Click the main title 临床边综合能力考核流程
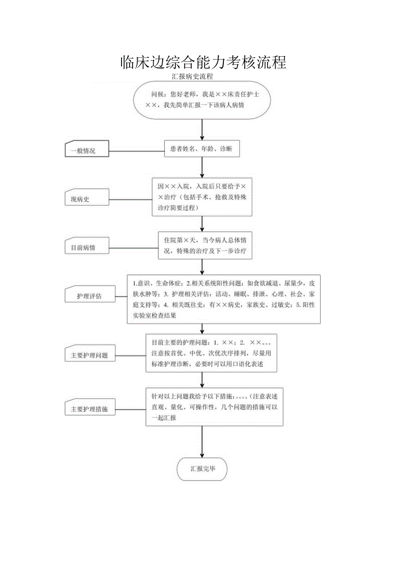203,62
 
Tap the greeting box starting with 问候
202,100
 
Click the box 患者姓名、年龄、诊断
202,149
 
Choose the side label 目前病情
87,247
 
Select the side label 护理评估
89,296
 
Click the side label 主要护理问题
89,355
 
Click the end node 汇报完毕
202,469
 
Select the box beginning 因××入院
202,197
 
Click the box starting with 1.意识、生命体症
223,299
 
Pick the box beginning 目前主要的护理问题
211,353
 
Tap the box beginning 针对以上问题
214,406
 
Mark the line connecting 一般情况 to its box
137,150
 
